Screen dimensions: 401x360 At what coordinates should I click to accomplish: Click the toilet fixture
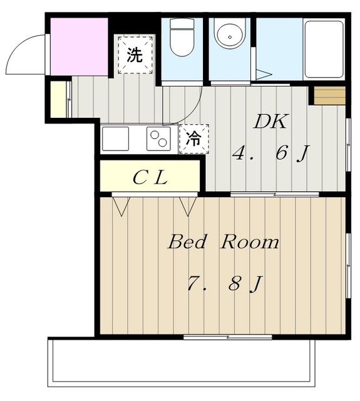(183, 38)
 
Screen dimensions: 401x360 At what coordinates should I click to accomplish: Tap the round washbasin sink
(229, 36)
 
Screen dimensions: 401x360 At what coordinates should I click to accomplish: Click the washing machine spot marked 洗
(135, 55)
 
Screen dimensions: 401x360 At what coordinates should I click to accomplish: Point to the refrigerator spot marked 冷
(194, 139)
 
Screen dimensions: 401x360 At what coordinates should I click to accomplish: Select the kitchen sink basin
(116, 138)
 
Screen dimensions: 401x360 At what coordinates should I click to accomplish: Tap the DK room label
(270, 122)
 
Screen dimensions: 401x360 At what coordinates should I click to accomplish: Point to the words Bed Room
(223, 242)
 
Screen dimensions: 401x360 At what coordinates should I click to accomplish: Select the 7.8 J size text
(224, 284)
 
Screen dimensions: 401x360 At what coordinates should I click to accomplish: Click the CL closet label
(150, 178)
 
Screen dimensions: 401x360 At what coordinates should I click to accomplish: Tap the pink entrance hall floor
(78, 46)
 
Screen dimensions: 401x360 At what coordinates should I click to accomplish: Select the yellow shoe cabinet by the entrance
(58, 100)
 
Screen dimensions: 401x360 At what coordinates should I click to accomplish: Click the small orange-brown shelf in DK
(329, 96)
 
